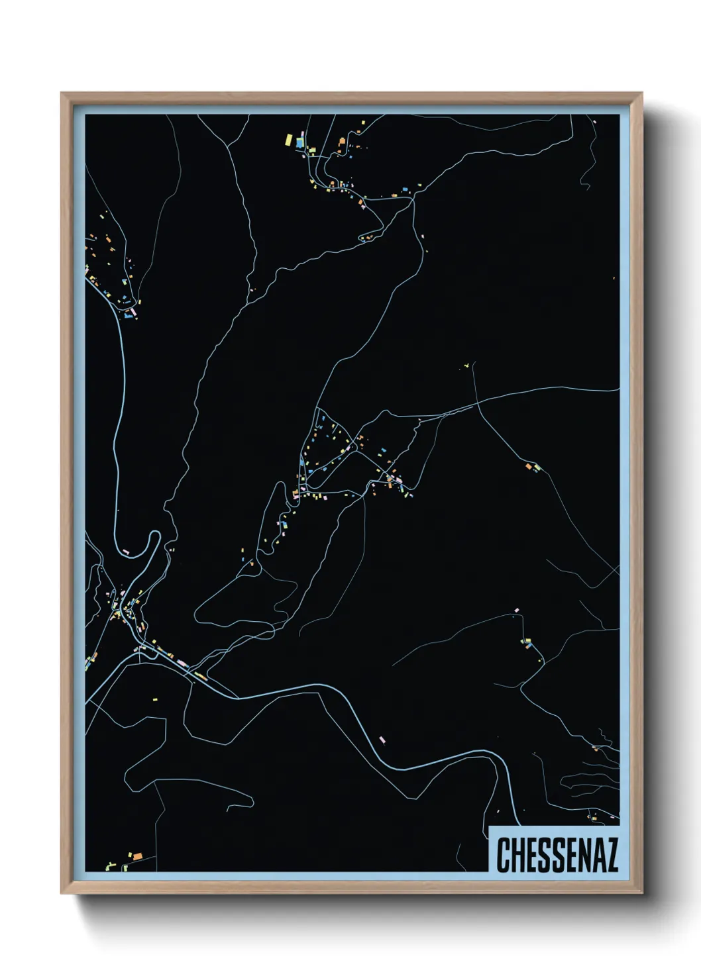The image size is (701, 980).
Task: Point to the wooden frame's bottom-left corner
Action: (62, 893)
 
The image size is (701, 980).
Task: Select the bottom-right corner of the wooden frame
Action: (641, 893)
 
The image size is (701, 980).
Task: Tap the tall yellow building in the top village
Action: (289, 139)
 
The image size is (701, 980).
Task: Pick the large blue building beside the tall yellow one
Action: (299, 142)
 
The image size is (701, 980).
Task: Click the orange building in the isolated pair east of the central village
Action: (529, 467)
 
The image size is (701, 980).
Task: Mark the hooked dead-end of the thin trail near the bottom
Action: (251, 803)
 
